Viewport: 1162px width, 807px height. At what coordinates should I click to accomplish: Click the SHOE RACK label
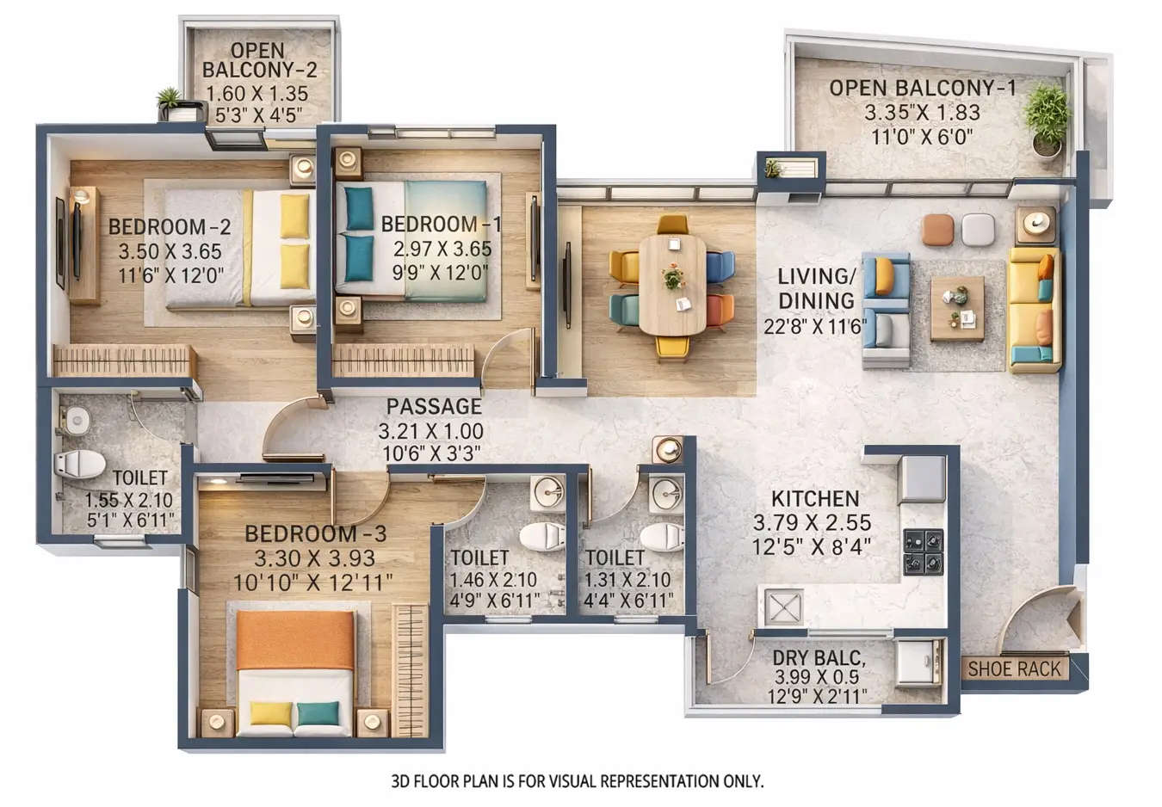click(x=1014, y=668)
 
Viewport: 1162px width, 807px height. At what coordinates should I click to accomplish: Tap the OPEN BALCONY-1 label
click(x=922, y=88)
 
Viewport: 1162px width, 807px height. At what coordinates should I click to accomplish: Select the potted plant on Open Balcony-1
click(x=1047, y=119)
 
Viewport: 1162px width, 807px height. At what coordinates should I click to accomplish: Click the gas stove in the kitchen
click(x=923, y=552)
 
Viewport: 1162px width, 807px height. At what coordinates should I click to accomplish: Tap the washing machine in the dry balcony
click(x=919, y=662)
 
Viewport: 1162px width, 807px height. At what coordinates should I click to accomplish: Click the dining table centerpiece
click(x=673, y=277)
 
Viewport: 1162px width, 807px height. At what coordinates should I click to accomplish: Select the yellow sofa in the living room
click(x=1034, y=309)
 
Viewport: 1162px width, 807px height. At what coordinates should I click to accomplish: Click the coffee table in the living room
click(x=956, y=308)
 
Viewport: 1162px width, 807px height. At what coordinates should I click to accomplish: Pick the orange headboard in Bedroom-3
click(x=295, y=639)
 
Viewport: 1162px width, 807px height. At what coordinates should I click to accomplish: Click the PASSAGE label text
click(x=433, y=406)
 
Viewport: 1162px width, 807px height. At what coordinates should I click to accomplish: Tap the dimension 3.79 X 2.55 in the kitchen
click(x=812, y=522)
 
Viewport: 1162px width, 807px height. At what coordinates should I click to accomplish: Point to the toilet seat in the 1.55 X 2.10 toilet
click(x=79, y=465)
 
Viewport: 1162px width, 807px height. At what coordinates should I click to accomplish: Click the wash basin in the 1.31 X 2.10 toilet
click(x=666, y=494)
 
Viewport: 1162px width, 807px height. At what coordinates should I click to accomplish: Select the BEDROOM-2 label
click(x=169, y=227)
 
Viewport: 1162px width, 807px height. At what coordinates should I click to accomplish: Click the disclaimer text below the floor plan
click(x=577, y=781)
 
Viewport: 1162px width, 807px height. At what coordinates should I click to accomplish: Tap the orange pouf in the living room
click(x=937, y=229)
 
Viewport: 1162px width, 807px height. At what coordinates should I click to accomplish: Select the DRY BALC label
click(x=818, y=658)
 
